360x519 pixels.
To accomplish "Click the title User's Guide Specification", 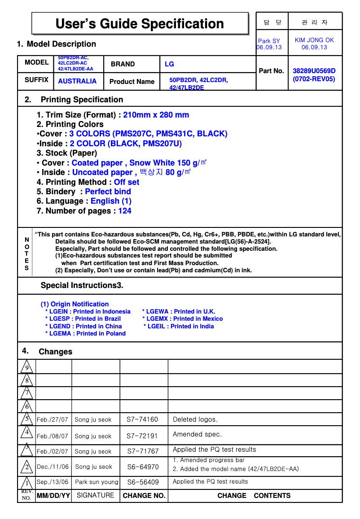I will point(140,24).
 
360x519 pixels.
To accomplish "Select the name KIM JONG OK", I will point(314,40).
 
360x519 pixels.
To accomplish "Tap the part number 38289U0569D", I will point(314,71).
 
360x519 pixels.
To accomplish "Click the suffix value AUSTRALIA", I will point(77,81).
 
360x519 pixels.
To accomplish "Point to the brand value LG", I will point(169,64).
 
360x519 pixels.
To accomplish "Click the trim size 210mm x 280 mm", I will point(156,115).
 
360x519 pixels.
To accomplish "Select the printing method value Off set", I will point(127,182).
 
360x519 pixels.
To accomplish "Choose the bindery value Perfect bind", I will point(108,192).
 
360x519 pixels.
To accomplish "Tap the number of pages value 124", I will point(125,211).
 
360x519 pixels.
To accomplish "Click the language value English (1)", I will point(111,201).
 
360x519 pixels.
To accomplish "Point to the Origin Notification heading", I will point(75,304).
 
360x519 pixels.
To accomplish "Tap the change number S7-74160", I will point(142,419).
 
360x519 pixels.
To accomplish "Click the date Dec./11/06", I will point(53,467).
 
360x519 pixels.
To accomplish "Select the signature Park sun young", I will point(97,482).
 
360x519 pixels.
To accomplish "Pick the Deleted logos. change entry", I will point(195,419).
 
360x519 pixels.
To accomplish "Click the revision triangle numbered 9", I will point(26,367).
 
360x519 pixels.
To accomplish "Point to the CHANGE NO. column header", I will point(144,496).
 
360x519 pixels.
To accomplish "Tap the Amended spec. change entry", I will point(197,434).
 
